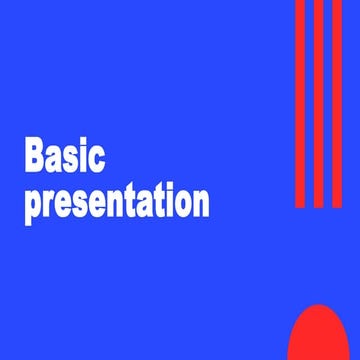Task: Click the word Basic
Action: click(65, 158)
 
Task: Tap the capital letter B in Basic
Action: click(35, 158)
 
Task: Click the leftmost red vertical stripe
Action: click(300, 100)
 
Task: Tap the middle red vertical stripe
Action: click(319, 100)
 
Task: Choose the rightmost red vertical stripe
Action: click(337, 100)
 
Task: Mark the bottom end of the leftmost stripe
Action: click(300, 204)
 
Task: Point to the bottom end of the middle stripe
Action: click(319, 204)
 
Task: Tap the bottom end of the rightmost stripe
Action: click(337, 204)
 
